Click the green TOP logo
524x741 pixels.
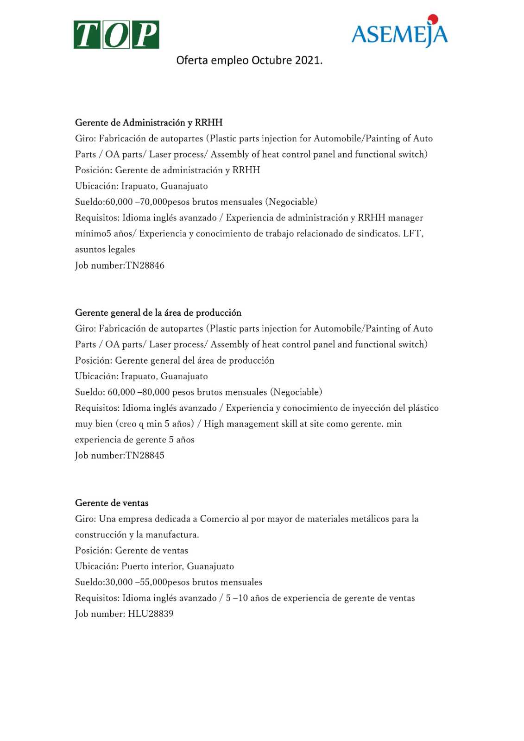pos(116,35)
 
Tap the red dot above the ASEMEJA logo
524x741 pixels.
pos(433,19)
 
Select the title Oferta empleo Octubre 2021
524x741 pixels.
pos(249,61)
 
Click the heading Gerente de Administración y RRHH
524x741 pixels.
pos(149,123)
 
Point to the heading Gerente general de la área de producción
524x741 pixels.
pos(158,313)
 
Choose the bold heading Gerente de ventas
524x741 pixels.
pos(112,503)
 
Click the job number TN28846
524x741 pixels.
pos(145,265)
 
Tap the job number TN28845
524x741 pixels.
pos(145,455)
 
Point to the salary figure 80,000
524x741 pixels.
pos(156,392)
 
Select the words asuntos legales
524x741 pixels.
pos(105,250)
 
